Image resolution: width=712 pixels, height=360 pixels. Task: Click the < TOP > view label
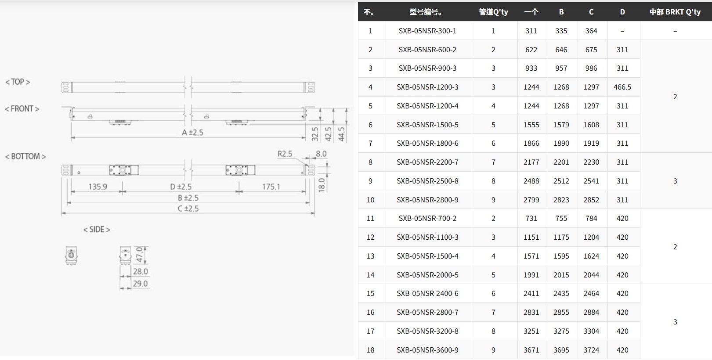coord(18,82)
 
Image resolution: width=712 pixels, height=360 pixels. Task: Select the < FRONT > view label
coord(22,109)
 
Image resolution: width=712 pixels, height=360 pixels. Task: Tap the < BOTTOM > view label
coord(25,157)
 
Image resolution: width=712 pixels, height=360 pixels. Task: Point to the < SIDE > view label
coord(97,230)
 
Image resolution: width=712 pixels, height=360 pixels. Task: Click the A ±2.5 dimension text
coord(192,133)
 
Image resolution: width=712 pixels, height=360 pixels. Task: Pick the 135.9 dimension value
coord(98,187)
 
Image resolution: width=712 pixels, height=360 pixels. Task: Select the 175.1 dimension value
coord(271,187)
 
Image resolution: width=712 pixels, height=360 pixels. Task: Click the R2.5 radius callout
coord(285,154)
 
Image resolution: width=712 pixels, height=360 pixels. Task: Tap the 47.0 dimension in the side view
coord(140,254)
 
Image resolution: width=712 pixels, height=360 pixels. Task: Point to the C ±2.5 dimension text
coord(188,209)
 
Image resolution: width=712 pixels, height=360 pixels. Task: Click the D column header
coord(622,12)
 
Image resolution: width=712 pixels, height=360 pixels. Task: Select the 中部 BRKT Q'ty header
coord(675,12)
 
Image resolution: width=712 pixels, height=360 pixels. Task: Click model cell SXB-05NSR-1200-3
coord(427,87)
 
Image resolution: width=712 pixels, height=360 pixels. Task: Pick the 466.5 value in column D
coord(622,87)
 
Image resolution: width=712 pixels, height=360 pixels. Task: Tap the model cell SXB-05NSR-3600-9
coord(427,350)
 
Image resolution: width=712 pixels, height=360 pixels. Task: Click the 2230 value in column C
coord(591,162)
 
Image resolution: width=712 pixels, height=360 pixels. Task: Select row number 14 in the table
coord(370,275)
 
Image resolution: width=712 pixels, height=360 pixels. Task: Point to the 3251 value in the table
coord(531,331)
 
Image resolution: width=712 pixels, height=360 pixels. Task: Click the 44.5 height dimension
coord(342,134)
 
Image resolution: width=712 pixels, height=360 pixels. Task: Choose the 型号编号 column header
coord(426,12)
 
